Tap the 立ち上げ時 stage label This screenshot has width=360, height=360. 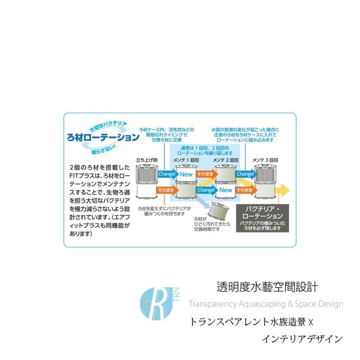147,160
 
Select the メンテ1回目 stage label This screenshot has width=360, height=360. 186,160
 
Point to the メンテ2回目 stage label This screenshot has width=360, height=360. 225,160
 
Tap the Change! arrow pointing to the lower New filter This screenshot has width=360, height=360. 206,190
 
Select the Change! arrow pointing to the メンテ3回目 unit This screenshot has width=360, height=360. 245,174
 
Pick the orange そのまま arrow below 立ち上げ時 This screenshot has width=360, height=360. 166,190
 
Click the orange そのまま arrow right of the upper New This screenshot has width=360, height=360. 205,174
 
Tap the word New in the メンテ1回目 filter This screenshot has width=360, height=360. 186,174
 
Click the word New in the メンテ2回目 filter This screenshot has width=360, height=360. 225,190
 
